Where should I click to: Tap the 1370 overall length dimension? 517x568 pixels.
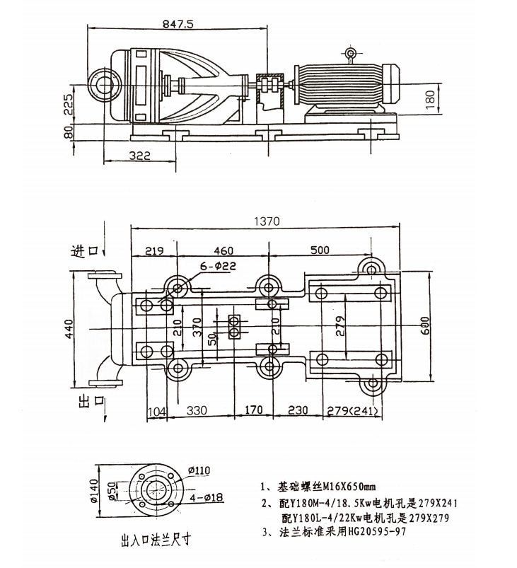[x=266, y=221]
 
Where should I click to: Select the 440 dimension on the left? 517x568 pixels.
[x=68, y=328]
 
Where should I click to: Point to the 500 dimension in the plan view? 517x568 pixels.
[x=320, y=250]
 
